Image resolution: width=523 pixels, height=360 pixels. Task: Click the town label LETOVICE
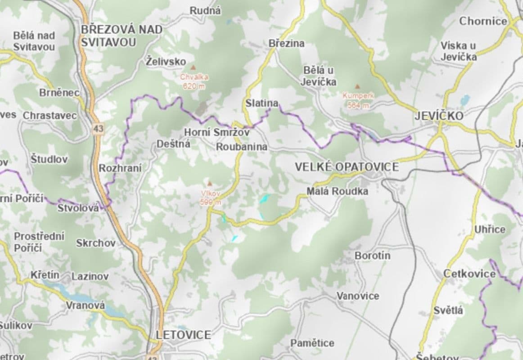click(x=183, y=335)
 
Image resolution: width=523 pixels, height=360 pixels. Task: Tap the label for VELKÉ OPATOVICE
click(x=347, y=167)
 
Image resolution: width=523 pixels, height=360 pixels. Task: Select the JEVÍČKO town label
click(x=439, y=116)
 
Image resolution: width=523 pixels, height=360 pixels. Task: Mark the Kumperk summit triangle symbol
click(x=358, y=86)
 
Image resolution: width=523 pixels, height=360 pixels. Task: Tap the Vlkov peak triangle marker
click(x=209, y=183)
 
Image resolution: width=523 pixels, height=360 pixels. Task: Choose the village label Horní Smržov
click(x=216, y=132)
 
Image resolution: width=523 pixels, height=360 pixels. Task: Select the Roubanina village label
click(x=242, y=147)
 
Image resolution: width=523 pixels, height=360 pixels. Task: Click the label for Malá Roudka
click(x=337, y=191)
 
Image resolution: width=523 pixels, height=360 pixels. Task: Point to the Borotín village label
click(x=372, y=256)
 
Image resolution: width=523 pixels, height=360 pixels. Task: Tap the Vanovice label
click(x=358, y=296)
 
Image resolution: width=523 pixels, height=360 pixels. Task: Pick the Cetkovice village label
click(x=469, y=274)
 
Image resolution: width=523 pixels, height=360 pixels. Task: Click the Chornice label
click(x=483, y=21)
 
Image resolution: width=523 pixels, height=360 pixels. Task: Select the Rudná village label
click(x=205, y=10)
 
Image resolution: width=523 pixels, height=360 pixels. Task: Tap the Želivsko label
click(x=166, y=62)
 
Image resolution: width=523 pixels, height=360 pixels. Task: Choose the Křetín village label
click(x=45, y=274)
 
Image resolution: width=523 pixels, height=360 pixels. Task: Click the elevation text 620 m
click(x=194, y=86)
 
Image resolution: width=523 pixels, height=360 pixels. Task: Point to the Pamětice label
click(x=312, y=343)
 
